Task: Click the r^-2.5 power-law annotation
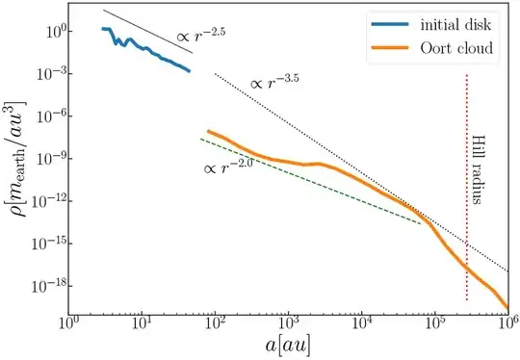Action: pos(201,37)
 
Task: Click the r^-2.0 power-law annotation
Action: pos(227,169)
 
